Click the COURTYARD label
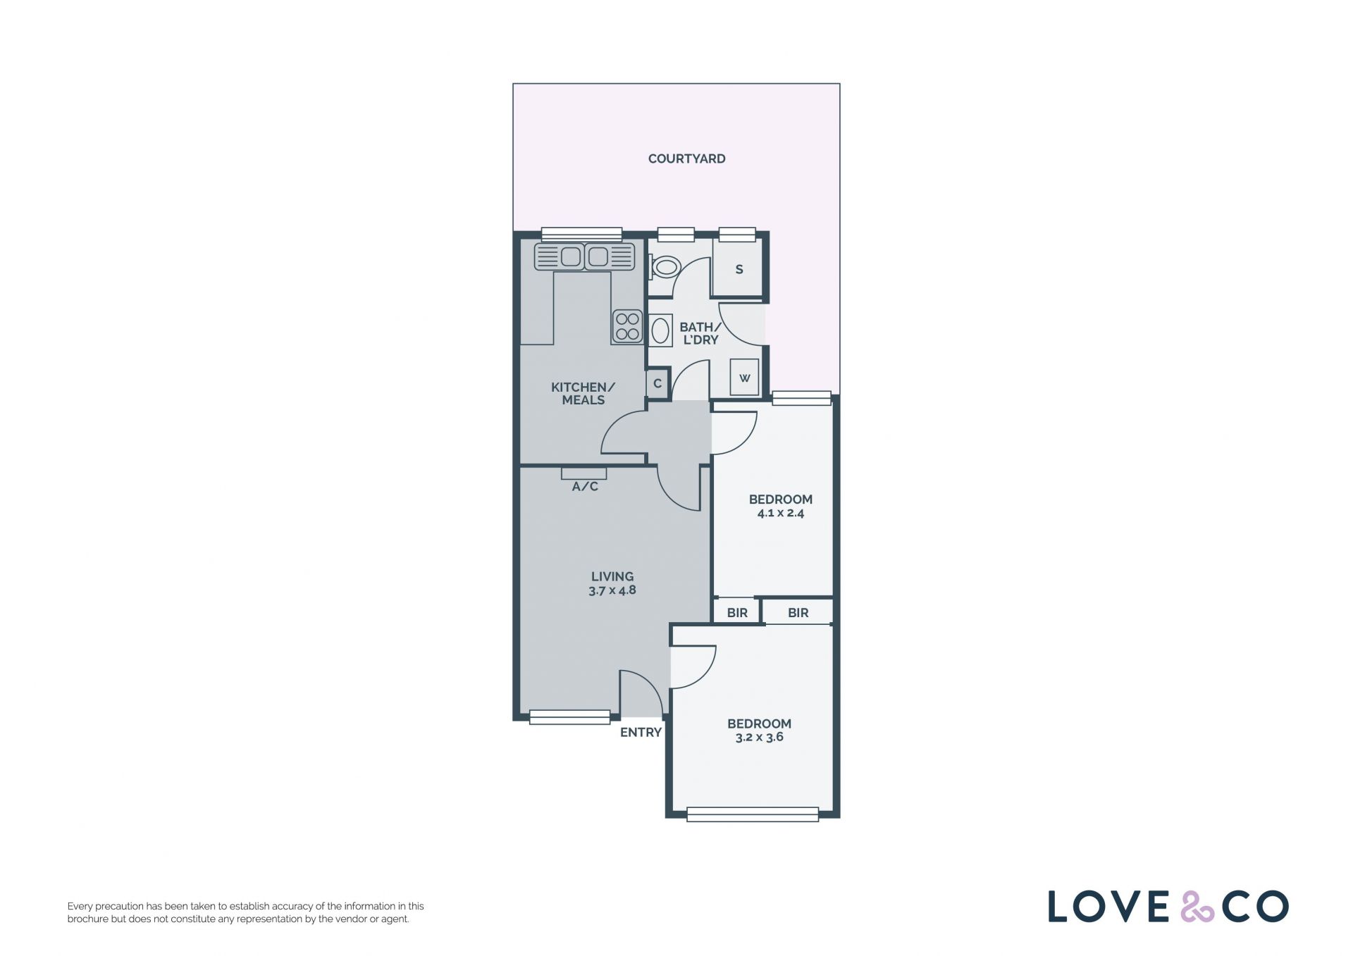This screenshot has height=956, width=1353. pos(686,159)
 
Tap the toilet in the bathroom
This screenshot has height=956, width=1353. pos(662,267)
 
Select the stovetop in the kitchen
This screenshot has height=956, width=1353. pos(627,327)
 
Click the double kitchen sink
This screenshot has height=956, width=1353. pos(584,256)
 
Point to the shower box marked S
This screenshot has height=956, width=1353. pos(738,268)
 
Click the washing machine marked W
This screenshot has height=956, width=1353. pos(744,378)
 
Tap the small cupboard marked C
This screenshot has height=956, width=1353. pos(657,384)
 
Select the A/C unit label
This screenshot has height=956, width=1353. pos(585,486)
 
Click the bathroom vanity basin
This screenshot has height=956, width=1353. pos(660,330)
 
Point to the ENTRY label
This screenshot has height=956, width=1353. pos(641,732)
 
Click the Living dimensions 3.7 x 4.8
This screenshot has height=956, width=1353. pos(612,590)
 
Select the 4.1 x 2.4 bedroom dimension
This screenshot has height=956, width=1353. pos(781,513)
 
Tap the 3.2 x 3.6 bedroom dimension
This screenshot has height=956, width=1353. pos(760,737)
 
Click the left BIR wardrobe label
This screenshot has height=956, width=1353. pos(737,613)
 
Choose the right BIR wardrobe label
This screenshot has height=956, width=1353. pos(798,613)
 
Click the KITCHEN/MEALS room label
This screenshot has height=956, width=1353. pos(583,393)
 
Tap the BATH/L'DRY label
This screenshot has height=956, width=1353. pos(700,333)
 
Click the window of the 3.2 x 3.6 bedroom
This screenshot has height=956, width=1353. pos(753,814)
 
